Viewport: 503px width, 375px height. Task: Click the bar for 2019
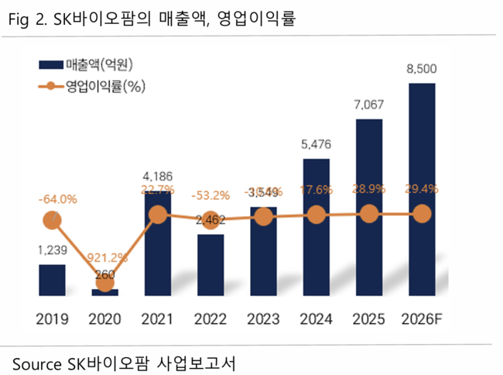click(52, 279)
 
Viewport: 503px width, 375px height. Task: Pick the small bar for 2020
click(104, 291)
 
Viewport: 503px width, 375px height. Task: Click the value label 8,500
click(422, 70)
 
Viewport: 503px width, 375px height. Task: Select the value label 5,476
click(316, 144)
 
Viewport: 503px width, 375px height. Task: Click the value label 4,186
click(157, 175)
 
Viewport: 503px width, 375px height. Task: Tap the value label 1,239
click(53, 250)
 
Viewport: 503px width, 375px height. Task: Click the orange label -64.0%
click(57, 199)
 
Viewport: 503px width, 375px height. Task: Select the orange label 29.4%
click(422, 188)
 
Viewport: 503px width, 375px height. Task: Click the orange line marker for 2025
click(369, 214)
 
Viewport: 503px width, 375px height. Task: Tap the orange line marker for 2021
click(158, 215)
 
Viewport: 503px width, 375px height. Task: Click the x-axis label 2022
click(210, 319)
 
